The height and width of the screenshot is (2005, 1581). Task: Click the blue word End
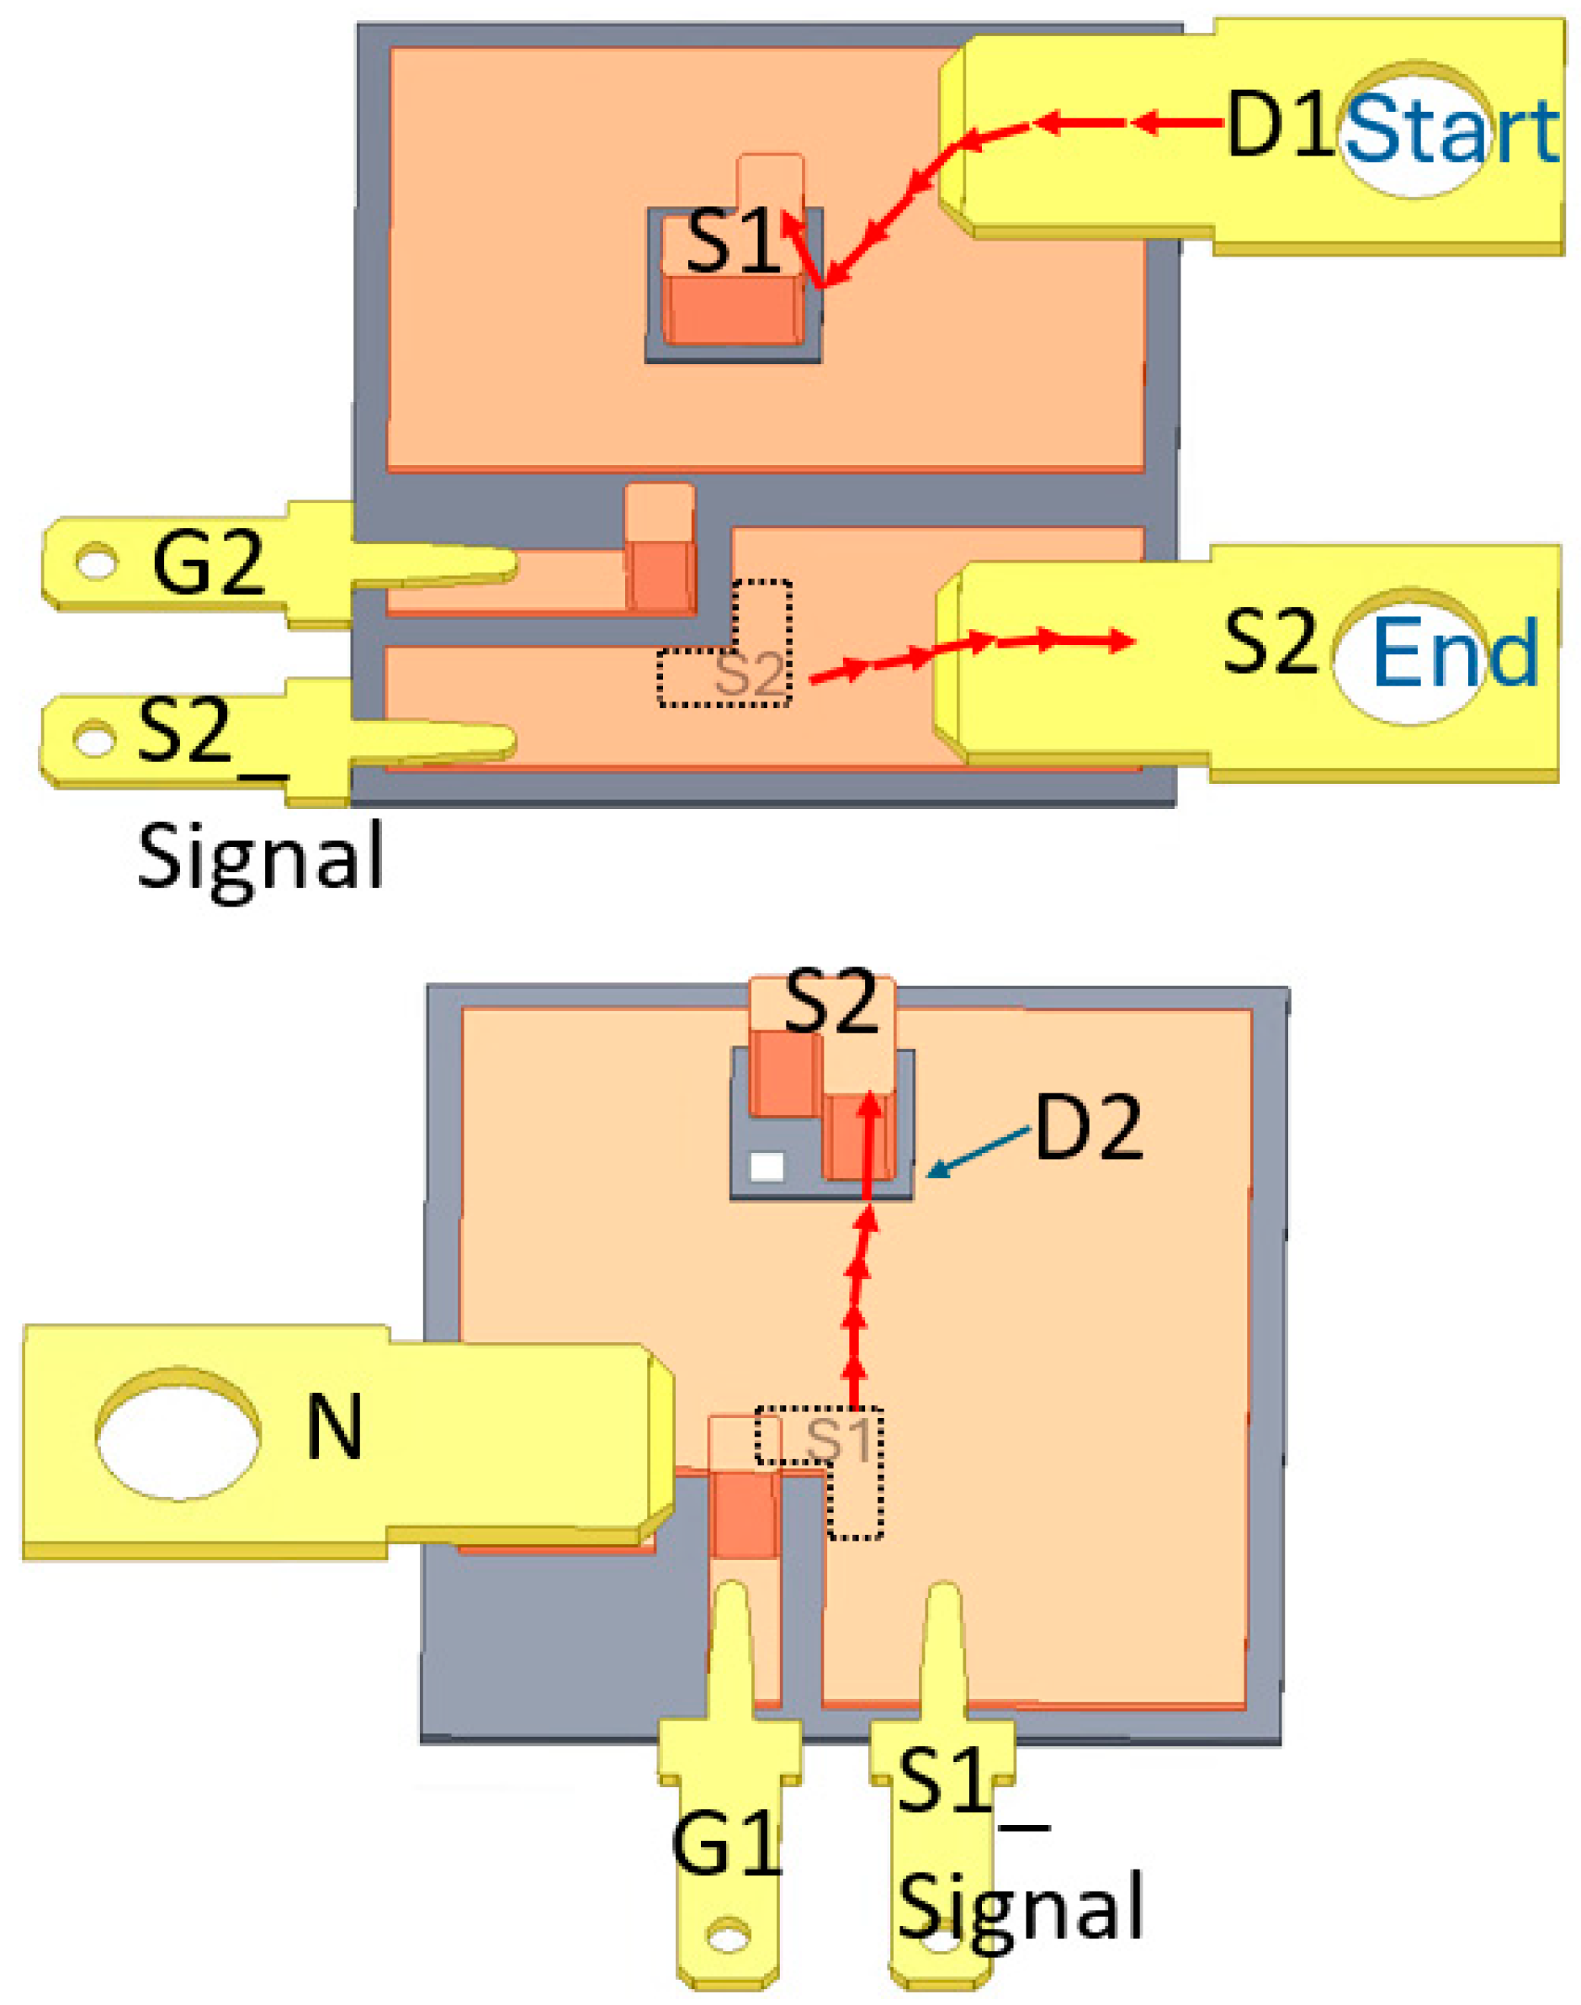[x=1454, y=653]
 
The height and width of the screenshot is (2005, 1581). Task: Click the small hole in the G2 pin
[x=95, y=563]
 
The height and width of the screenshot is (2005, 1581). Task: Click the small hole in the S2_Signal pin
[x=93, y=740]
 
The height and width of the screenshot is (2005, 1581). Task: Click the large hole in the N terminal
[x=178, y=1432]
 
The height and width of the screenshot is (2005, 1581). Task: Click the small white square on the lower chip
[x=767, y=1166]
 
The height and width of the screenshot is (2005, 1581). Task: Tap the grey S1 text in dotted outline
[x=839, y=1440]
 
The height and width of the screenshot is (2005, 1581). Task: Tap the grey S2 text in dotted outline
[x=750, y=675]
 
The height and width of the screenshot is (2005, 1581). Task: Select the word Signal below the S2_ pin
[x=260, y=858]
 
